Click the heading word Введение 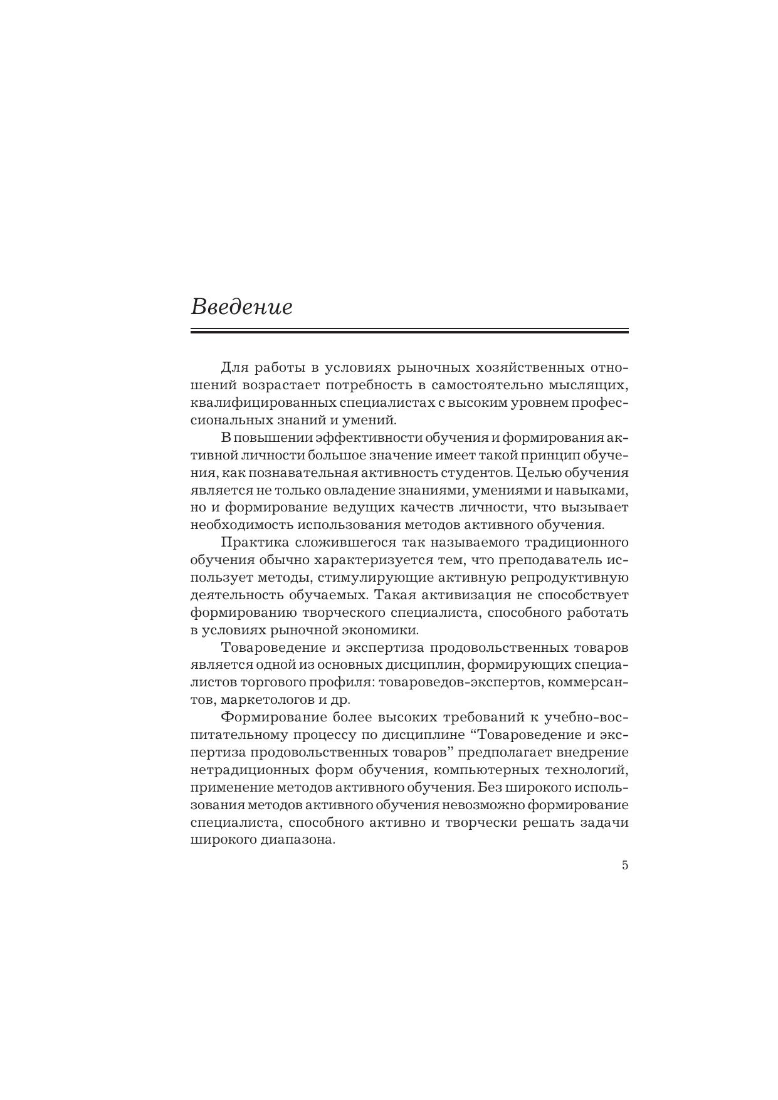pyautogui.click(x=241, y=307)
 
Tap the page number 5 pyautogui.click(x=624, y=866)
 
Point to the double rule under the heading pyautogui.click(x=409, y=330)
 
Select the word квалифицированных pyautogui.click(x=263, y=402)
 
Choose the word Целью pyautogui.click(x=539, y=472)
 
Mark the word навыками pyautogui.click(x=592, y=490)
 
